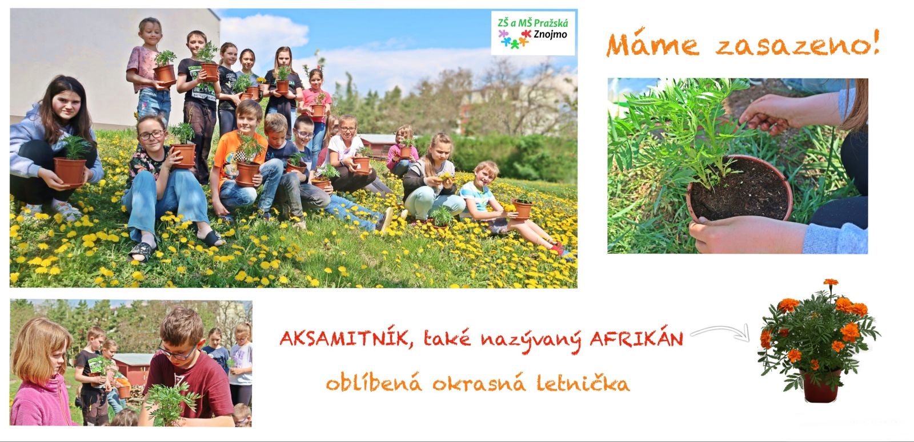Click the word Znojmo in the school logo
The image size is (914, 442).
[550, 35]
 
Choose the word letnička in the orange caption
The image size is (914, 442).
[583, 382]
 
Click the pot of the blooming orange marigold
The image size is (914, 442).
[820, 387]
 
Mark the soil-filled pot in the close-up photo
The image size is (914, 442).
[739, 188]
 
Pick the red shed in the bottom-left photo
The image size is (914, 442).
[131, 368]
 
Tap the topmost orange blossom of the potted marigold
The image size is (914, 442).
[831, 282]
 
